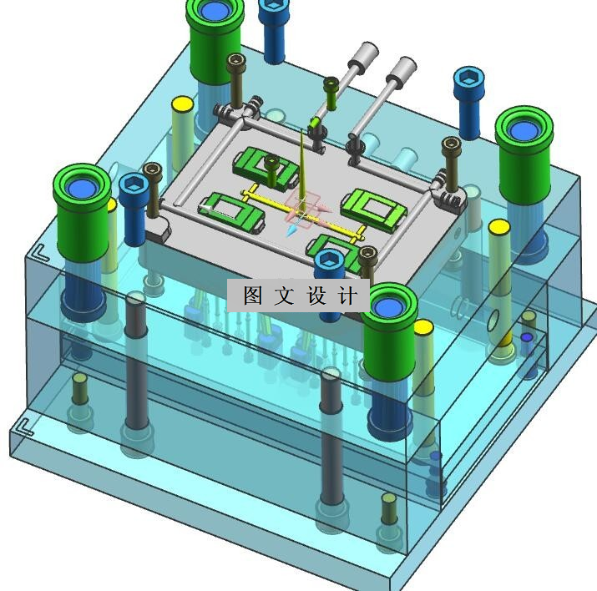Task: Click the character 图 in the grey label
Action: (x=253, y=295)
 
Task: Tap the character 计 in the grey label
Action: (x=347, y=295)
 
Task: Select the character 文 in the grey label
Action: (x=285, y=295)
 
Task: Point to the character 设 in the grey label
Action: (x=316, y=295)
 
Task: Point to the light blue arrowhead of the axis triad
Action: (x=292, y=230)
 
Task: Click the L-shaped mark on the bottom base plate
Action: (x=26, y=427)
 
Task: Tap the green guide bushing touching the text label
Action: (x=389, y=331)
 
